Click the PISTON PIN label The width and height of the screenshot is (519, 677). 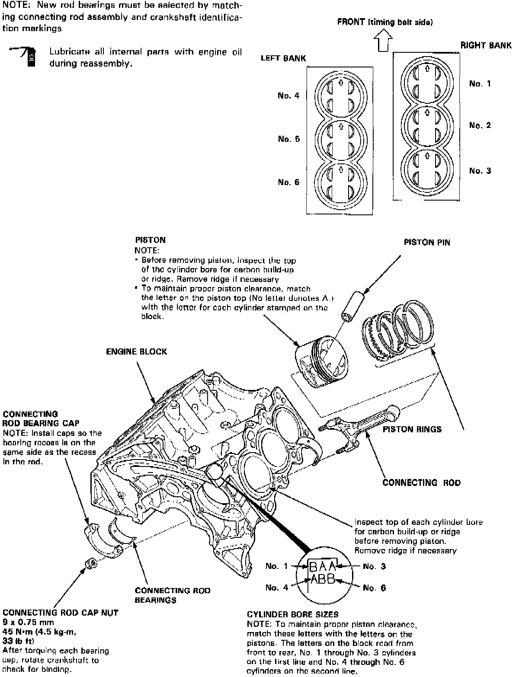(x=426, y=243)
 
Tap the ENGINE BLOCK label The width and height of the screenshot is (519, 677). (x=136, y=351)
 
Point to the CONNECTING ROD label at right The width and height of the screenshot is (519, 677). (x=421, y=482)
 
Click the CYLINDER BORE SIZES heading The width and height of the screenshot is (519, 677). (x=292, y=614)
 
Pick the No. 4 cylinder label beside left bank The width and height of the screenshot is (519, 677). (x=288, y=96)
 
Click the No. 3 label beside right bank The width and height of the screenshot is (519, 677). (x=480, y=171)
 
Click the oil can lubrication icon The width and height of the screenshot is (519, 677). (x=27, y=56)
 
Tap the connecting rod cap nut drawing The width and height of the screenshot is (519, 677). (x=91, y=563)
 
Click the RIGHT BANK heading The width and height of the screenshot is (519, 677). (x=486, y=45)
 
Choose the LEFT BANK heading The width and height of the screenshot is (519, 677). (x=283, y=58)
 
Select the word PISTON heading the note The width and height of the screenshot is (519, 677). (x=150, y=240)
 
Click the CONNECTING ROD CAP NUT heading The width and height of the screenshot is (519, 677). (x=60, y=613)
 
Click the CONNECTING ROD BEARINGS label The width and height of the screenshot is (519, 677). (x=172, y=595)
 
